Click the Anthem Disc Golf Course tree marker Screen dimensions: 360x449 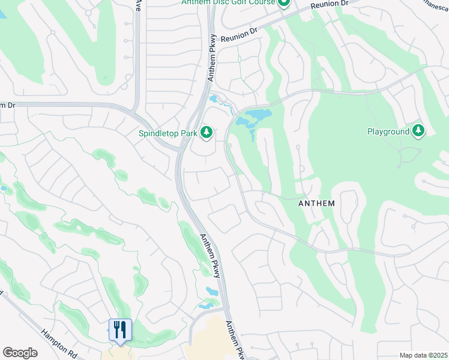pyautogui.click(x=284, y=2)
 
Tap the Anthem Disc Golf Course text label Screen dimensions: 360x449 pyautogui.click(x=228, y=2)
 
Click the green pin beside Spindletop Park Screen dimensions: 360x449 pyautogui.click(x=206, y=131)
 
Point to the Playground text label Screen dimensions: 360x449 pyautogui.click(x=388, y=131)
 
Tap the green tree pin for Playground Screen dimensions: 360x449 pyautogui.click(x=418, y=131)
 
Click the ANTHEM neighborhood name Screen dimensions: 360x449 pyautogui.click(x=316, y=203)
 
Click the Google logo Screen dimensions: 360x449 pyautogui.click(x=20, y=353)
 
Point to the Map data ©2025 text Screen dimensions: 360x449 pyautogui.click(x=423, y=355)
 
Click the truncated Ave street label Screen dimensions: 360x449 pyautogui.click(x=138, y=5)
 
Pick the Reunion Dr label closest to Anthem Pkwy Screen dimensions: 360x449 pyautogui.click(x=239, y=36)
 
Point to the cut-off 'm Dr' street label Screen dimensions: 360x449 pyautogui.click(x=7, y=105)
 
